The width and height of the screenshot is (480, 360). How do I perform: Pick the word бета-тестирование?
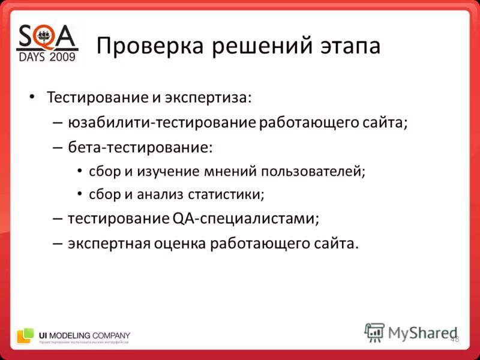coord(140,147)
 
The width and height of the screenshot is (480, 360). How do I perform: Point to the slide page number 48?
coord(454,339)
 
